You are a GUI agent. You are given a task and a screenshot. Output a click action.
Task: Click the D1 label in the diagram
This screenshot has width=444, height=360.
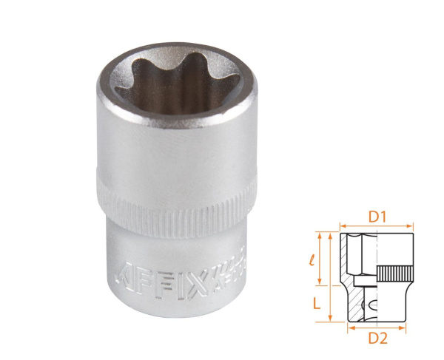(377, 217)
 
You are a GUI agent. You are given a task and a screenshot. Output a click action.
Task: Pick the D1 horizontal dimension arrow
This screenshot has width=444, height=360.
(376, 227)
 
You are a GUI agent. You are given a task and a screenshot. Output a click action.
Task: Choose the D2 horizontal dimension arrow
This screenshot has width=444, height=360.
(376, 327)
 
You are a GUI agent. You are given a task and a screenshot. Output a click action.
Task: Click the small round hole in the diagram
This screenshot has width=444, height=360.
(371, 306)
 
